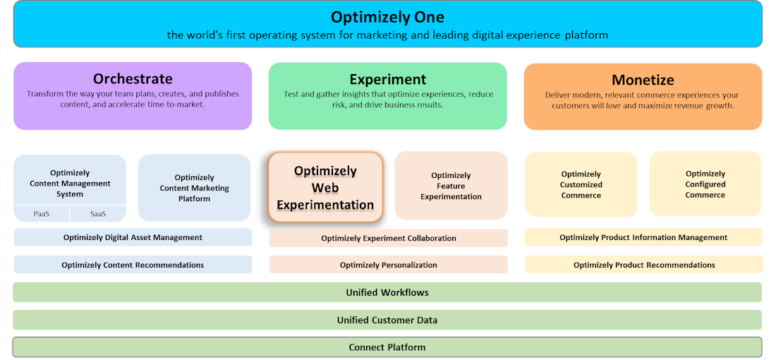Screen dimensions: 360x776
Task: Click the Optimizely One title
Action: (387, 17)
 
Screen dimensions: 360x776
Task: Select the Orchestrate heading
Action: (133, 79)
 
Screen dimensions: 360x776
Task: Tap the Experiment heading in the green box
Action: (387, 80)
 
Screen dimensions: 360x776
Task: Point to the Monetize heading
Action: (643, 80)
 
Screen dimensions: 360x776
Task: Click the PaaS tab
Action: (42, 214)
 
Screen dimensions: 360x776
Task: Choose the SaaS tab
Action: (99, 214)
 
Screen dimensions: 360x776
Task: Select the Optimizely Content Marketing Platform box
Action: (194, 188)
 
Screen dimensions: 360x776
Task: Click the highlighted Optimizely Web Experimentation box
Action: (325, 188)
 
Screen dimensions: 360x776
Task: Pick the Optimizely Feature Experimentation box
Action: (451, 186)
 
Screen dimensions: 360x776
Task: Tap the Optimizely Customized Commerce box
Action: (581, 184)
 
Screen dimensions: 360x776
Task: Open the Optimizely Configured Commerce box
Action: (705, 184)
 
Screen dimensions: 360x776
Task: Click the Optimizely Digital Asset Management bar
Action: (133, 237)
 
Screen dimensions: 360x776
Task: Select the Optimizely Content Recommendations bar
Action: (133, 265)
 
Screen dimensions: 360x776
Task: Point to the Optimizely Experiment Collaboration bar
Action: (388, 238)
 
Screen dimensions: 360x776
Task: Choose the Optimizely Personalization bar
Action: (388, 265)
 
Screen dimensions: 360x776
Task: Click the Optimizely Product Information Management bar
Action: (643, 237)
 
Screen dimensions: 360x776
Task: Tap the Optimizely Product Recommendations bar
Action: (643, 265)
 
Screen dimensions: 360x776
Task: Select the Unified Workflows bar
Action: (387, 292)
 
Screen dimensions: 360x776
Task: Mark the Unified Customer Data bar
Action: (387, 320)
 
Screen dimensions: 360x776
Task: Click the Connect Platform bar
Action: (387, 347)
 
